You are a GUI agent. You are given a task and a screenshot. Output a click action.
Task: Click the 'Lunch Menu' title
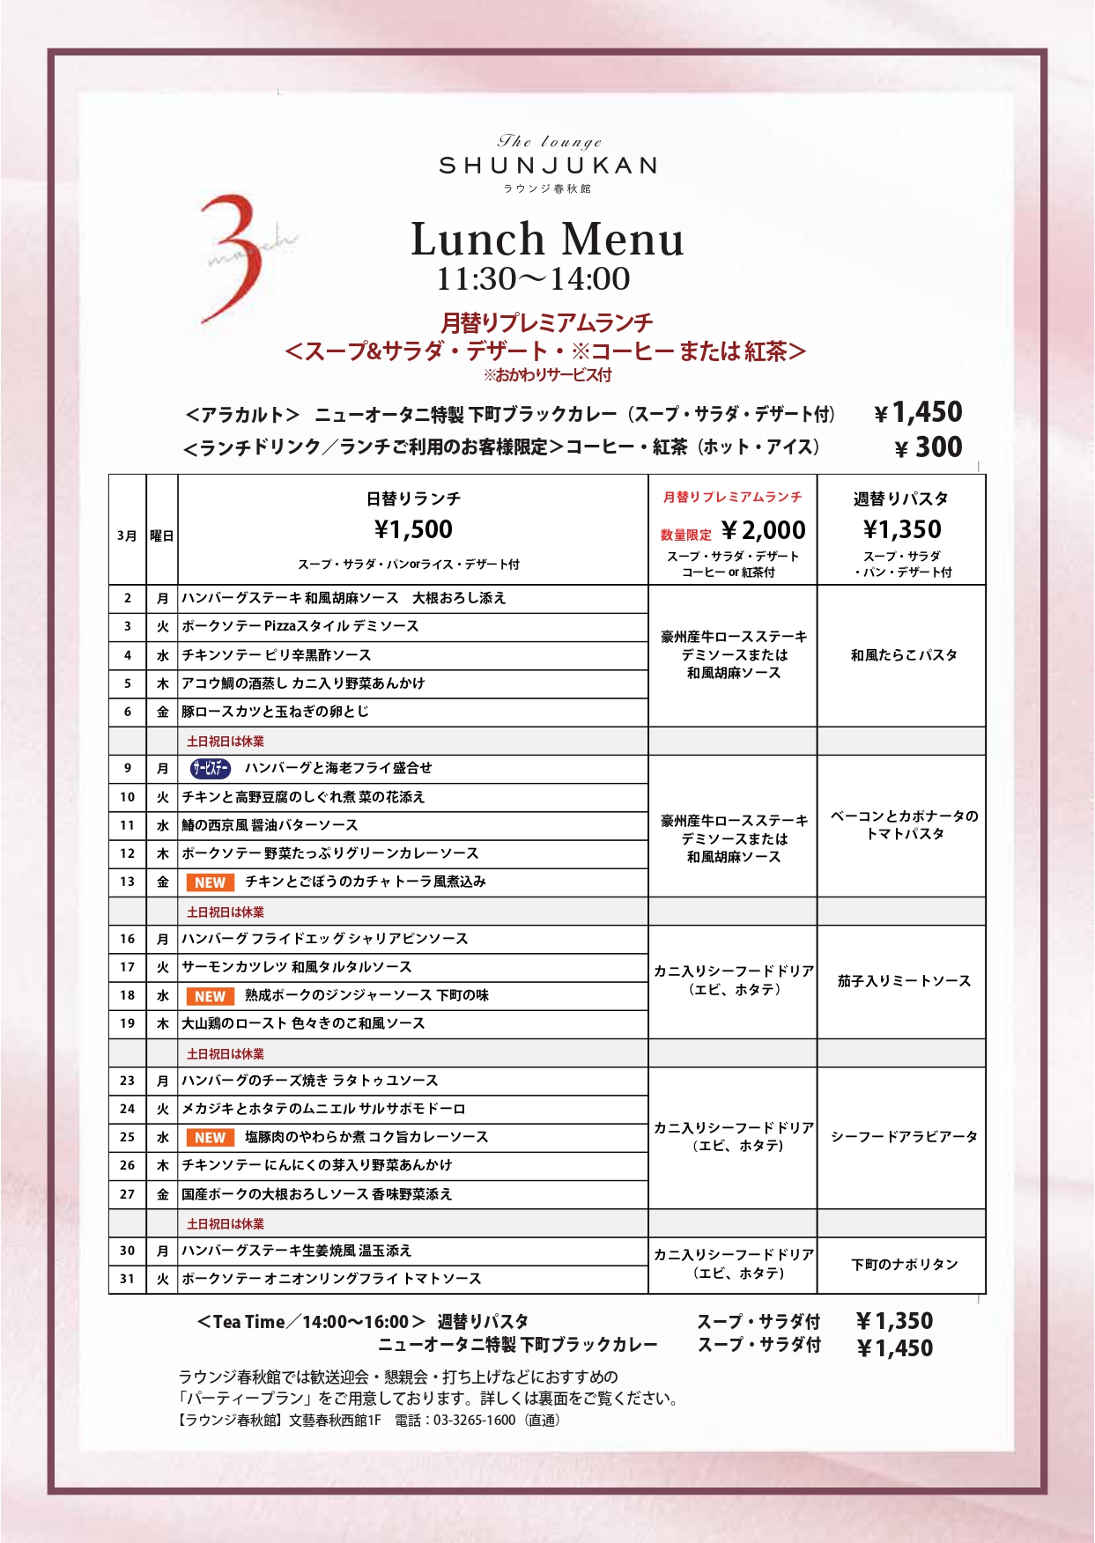coord(547,240)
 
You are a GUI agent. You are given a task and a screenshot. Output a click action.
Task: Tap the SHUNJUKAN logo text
coord(547,166)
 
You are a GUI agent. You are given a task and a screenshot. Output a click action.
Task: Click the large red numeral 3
coord(233,258)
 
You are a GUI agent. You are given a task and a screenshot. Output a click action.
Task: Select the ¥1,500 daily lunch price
coord(413,529)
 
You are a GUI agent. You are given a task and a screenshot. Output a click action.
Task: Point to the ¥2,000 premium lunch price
coord(763,530)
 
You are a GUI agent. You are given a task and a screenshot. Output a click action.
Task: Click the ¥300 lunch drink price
coord(929,447)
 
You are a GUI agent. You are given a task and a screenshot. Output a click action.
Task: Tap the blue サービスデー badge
coord(210,769)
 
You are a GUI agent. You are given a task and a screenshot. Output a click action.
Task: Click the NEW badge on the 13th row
coord(210,882)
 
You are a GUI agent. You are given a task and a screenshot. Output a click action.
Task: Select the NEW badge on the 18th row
coord(210,996)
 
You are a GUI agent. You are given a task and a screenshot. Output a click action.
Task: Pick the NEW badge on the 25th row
coord(210,1138)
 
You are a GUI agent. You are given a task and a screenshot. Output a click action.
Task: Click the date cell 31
coord(128,1279)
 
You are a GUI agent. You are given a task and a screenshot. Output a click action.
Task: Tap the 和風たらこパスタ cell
coord(903,655)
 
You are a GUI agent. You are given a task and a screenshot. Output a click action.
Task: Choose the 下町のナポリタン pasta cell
coord(903,1265)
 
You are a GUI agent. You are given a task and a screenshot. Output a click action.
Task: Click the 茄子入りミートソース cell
coord(903,981)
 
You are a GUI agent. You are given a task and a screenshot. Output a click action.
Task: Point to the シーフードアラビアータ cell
coord(903,1137)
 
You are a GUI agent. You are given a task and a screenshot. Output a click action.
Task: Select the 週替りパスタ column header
coord(900,499)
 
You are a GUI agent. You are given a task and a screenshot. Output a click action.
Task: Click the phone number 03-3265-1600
coord(474,1421)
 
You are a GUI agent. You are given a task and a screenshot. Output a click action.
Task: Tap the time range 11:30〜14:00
coord(534,279)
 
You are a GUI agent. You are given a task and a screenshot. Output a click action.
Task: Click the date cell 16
coord(128,939)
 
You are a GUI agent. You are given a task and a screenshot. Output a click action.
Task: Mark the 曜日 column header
coord(162,535)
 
